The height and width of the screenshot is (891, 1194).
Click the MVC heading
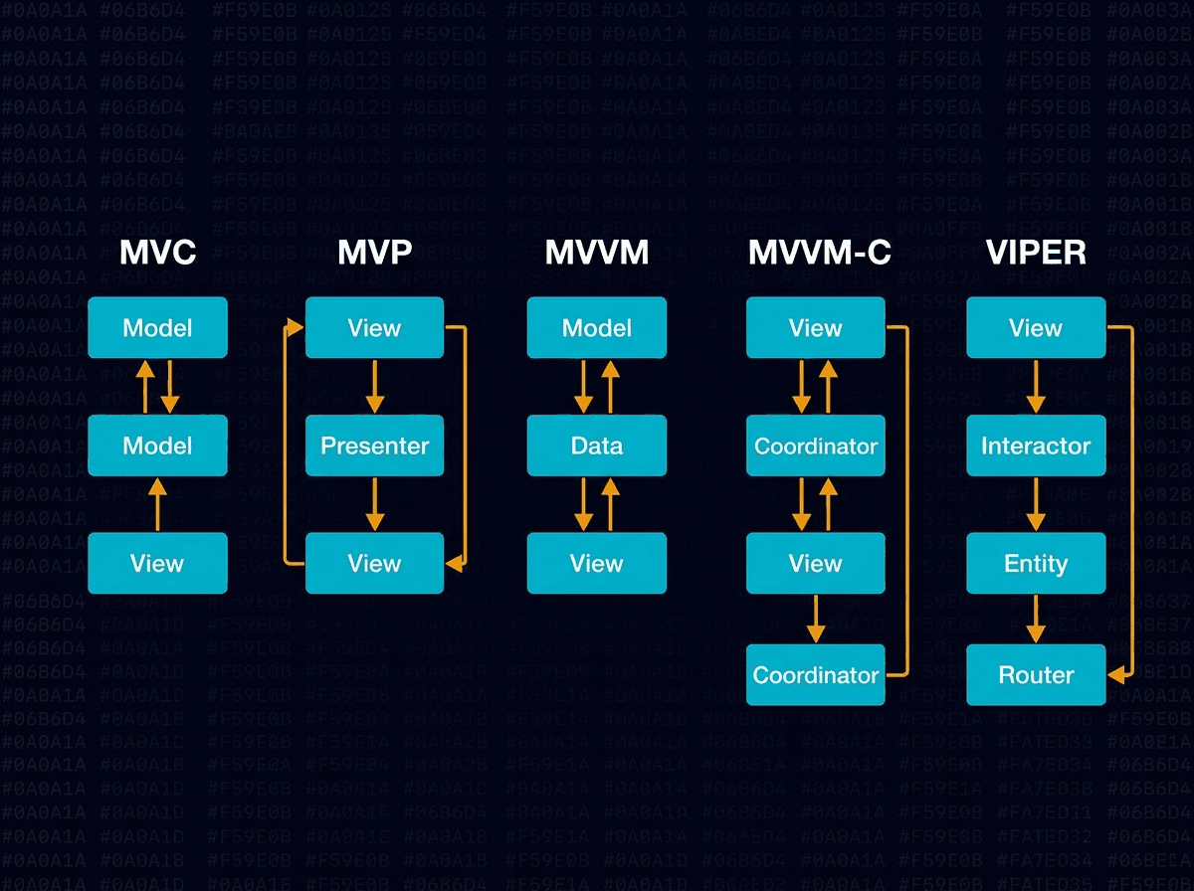(x=157, y=254)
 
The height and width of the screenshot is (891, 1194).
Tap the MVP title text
(x=374, y=254)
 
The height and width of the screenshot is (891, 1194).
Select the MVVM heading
(x=596, y=254)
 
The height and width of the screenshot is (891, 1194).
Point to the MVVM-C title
(x=819, y=254)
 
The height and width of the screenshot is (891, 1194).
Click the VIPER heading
(x=1036, y=254)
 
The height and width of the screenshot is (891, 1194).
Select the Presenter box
(x=374, y=445)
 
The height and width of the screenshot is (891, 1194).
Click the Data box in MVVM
(x=596, y=445)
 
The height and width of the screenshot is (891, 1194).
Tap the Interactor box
(x=1036, y=445)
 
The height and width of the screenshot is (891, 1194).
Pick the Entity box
(x=1036, y=564)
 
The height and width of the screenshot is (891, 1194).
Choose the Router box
(x=1036, y=675)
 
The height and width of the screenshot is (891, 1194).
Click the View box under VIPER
(x=1036, y=328)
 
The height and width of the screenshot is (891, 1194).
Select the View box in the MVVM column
(x=596, y=564)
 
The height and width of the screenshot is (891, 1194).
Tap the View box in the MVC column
(x=157, y=564)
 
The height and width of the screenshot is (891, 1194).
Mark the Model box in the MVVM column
(x=596, y=328)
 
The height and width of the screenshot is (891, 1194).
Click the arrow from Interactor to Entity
(x=1036, y=504)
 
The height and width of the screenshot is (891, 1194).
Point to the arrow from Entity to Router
(x=1036, y=620)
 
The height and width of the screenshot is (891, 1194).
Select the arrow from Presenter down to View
(x=374, y=504)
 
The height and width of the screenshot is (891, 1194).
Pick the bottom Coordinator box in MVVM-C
(x=816, y=675)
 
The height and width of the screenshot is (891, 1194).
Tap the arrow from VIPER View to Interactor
(x=1036, y=386)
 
